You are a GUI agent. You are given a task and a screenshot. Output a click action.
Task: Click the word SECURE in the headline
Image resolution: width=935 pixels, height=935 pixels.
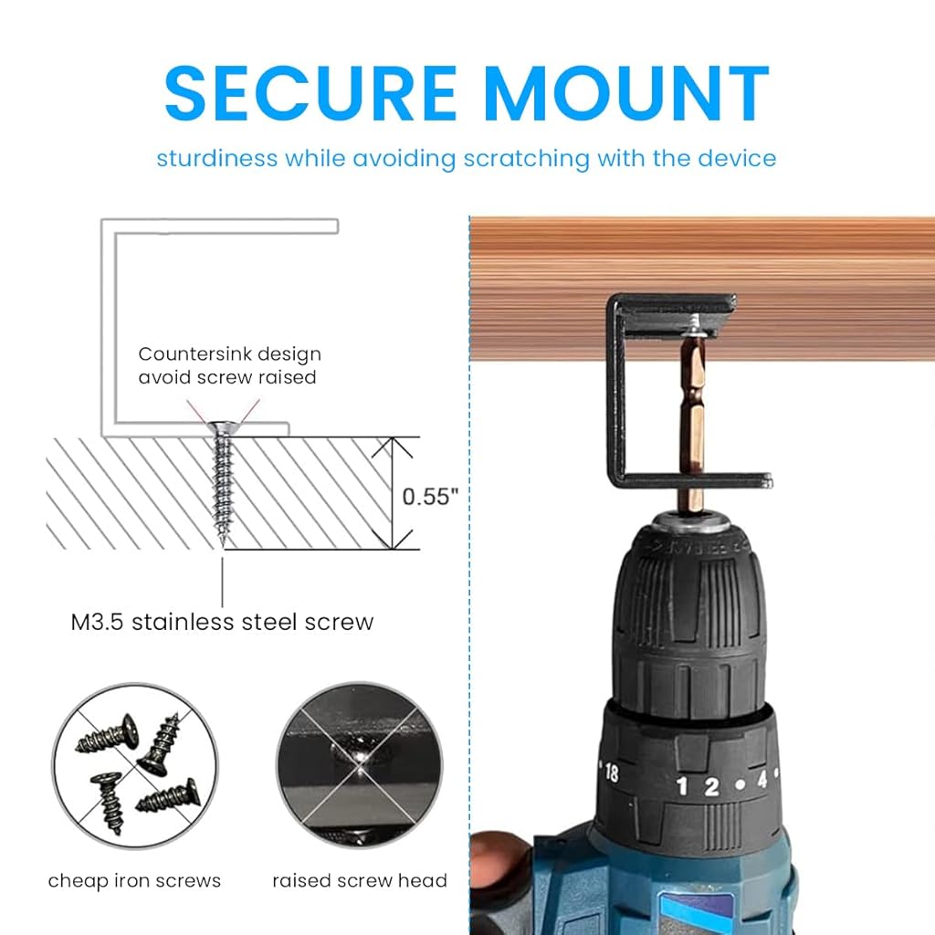pos(310,92)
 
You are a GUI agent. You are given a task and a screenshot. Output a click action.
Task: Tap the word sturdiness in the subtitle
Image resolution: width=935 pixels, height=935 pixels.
pos(216,158)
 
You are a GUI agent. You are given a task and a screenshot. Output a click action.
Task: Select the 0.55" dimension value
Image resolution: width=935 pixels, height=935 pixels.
pos(430,497)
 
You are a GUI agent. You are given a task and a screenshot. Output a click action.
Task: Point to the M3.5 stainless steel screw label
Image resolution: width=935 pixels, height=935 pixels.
pos(223,623)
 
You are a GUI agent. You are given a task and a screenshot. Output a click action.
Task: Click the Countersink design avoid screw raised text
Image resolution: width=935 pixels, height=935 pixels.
pos(229,365)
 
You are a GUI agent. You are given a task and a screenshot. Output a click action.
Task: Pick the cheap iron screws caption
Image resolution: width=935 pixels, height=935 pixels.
pos(134,881)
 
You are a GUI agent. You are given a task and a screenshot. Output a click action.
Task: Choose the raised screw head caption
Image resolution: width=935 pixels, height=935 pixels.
pos(360,881)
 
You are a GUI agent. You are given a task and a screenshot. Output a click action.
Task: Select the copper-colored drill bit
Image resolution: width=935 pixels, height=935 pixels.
pos(691,411)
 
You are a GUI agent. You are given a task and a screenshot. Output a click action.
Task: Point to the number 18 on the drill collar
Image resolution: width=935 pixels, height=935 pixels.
pos(611,772)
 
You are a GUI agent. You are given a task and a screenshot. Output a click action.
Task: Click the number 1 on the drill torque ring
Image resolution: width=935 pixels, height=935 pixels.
pos(681,785)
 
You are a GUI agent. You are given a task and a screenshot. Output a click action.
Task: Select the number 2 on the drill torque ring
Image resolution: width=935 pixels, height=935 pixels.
pos(711,785)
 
